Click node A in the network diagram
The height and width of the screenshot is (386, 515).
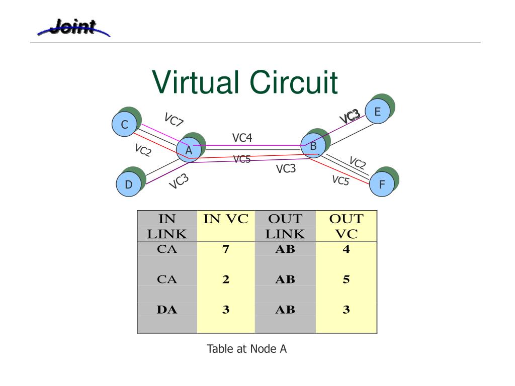click(189, 150)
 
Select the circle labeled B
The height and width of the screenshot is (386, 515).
click(313, 146)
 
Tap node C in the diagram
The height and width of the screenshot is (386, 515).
click(124, 124)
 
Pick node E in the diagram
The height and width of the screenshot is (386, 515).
click(377, 112)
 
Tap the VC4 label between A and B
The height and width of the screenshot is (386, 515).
click(242, 138)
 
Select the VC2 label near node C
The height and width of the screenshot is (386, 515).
click(143, 150)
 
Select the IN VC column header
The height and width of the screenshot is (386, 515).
click(226, 219)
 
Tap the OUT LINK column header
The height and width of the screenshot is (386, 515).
click(285, 226)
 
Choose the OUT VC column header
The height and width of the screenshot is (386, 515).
click(346, 226)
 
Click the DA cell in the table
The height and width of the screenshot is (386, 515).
click(167, 310)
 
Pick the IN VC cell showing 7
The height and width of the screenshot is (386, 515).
click(226, 249)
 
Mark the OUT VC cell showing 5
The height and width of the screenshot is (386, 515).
click(346, 279)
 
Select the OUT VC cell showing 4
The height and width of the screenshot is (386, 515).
click(346, 249)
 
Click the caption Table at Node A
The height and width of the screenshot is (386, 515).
click(247, 349)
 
